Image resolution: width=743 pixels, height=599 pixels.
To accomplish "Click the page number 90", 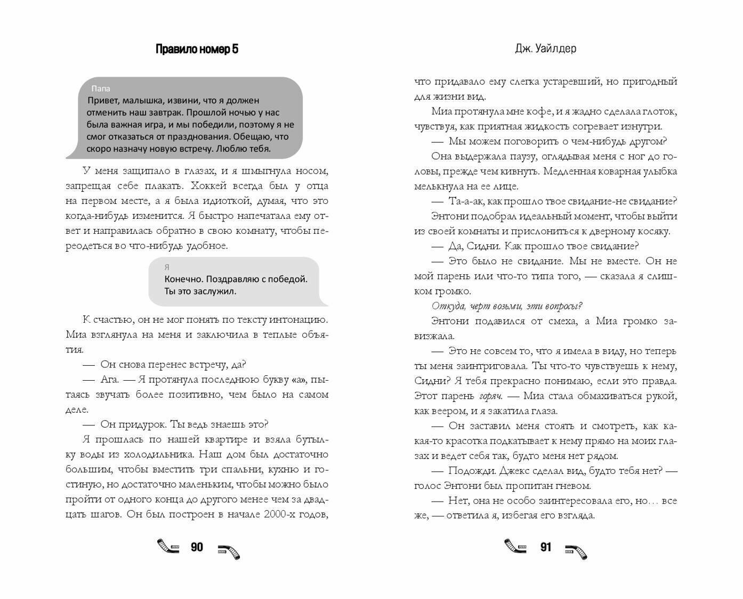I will pyautogui.click(x=197, y=547).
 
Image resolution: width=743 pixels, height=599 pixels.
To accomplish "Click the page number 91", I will pyautogui.click(x=545, y=547).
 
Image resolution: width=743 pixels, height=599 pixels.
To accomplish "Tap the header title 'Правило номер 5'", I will pyautogui.click(x=197, y=49).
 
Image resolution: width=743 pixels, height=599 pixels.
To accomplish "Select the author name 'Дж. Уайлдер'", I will pyautogui.click(x=545, y=48).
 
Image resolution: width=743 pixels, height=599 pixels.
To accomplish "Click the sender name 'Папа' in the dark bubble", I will pyautogui.click(x=101, y=88).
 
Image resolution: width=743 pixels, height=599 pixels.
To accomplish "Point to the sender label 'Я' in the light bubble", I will pyautogui.click(x=167, y=267).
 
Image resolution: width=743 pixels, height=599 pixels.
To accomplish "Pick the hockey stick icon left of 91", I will pyautogui.click(x=515, y=546).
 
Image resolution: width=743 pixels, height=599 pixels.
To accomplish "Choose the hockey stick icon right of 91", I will pyautogui.click(x=576, y=551).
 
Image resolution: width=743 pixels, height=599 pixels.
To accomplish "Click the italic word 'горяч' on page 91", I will pyautogui.click(x=490, y=396).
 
